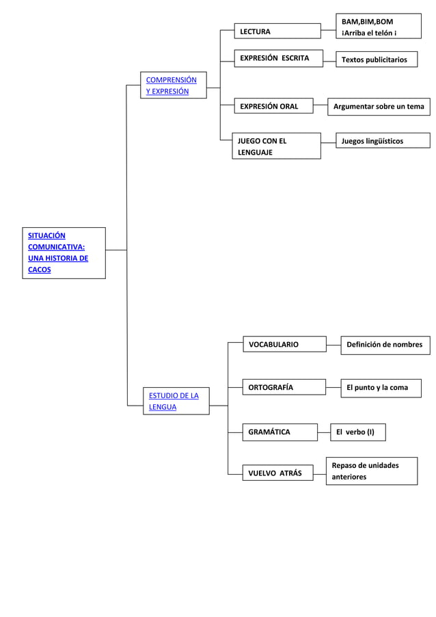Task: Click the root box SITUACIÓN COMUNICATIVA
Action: coord(64,252)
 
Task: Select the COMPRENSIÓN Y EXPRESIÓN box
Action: coord(173,86)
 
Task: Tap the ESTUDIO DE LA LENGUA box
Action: coord(176,401)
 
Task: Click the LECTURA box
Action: coord(277,31)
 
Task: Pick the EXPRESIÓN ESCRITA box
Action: coord(277,58)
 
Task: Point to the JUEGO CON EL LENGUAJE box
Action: coord(276,146)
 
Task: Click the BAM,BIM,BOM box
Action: coord(378,27)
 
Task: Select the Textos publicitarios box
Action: coord(376,60)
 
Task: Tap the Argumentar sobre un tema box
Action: coord(378,106)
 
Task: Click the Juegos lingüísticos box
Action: coord(382,141)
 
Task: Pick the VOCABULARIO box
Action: coord(284,344)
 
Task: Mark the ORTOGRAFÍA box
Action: coord(284,387)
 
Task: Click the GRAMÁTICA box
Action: coord(280,432)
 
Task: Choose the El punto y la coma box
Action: coord(381,388)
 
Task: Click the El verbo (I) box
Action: coord(357,432)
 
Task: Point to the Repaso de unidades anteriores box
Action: coord(371,471)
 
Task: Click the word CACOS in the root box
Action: coord(40,270)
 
